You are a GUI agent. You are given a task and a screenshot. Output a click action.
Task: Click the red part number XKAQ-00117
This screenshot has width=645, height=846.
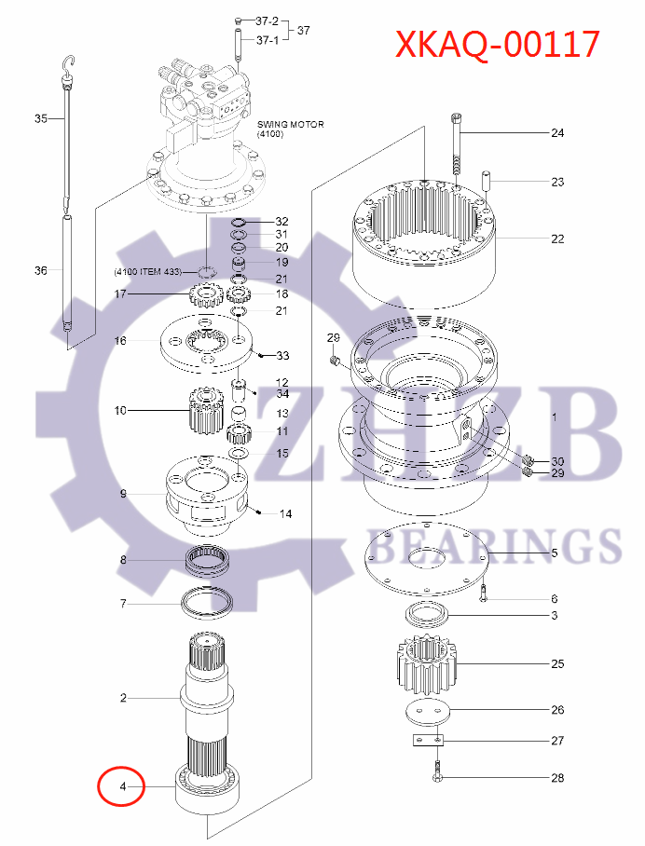[x=496, y=44]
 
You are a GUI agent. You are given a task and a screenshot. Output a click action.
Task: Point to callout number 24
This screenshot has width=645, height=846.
[x=556, y=133]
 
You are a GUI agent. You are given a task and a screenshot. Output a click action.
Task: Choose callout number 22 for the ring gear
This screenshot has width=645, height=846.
[x=556, y=239]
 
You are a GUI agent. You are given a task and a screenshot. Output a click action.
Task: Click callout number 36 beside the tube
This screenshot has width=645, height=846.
[x=40, y=271]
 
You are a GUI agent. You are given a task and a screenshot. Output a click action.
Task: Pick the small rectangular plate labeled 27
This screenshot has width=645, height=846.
[x=428, y=740]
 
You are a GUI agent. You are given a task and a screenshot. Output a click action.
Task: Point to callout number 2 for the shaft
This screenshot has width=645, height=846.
[x=122, y=698]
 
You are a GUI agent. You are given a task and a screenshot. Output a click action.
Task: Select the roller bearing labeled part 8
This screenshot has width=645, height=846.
[x=209, y=561]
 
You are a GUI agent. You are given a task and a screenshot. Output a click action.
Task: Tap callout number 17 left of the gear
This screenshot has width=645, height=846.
[x=120, y=294]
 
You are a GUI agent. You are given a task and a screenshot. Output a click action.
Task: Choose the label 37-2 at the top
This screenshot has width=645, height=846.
[x=267, y=20]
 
